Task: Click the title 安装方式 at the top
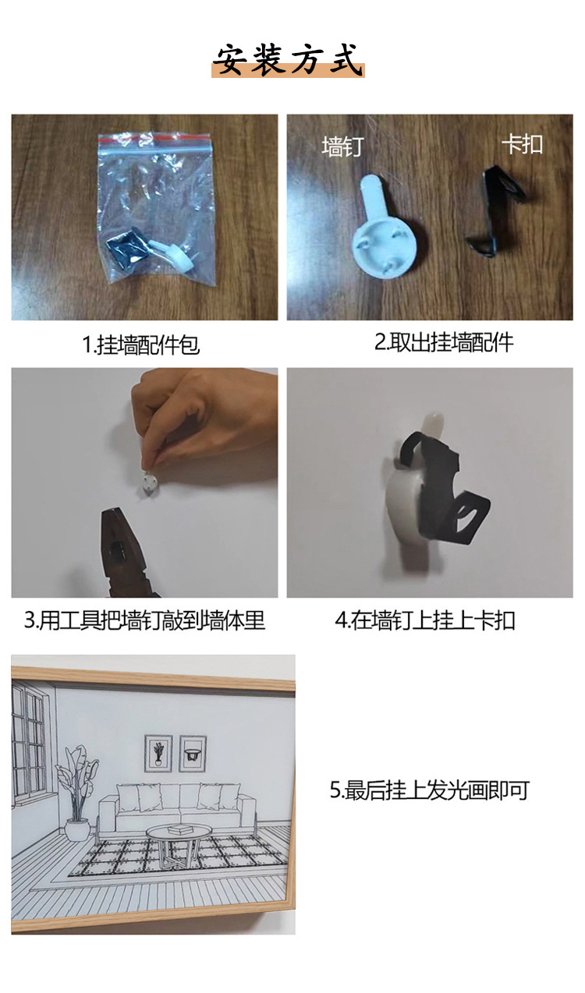pos(289,60)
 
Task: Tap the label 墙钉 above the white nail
pos(342,146)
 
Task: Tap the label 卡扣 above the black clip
pos(521,144)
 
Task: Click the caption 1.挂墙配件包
pos(141,345)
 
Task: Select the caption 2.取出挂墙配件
pos(444,342)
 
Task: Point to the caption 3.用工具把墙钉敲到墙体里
pos(144,620)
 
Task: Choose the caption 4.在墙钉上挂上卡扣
pos(425,620)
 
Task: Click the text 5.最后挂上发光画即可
pos(429,790)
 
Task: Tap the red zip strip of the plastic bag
pos(155,138)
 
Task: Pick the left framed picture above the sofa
pos(158,753)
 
